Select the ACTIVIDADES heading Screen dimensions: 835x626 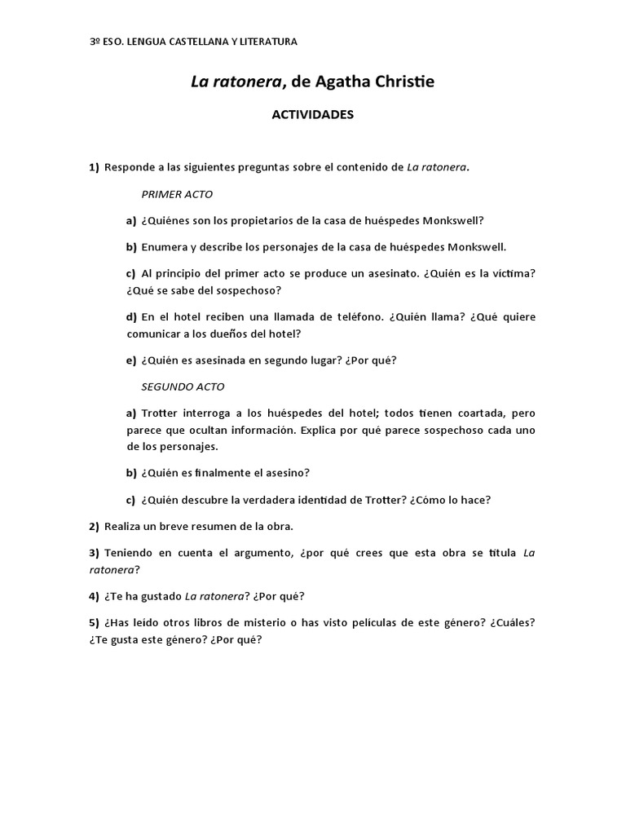tap(312, 115)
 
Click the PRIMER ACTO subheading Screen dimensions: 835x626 tap(178, 195)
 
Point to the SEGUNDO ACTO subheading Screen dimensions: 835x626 tap(183, 387)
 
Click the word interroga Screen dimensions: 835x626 tap(207, 413)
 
